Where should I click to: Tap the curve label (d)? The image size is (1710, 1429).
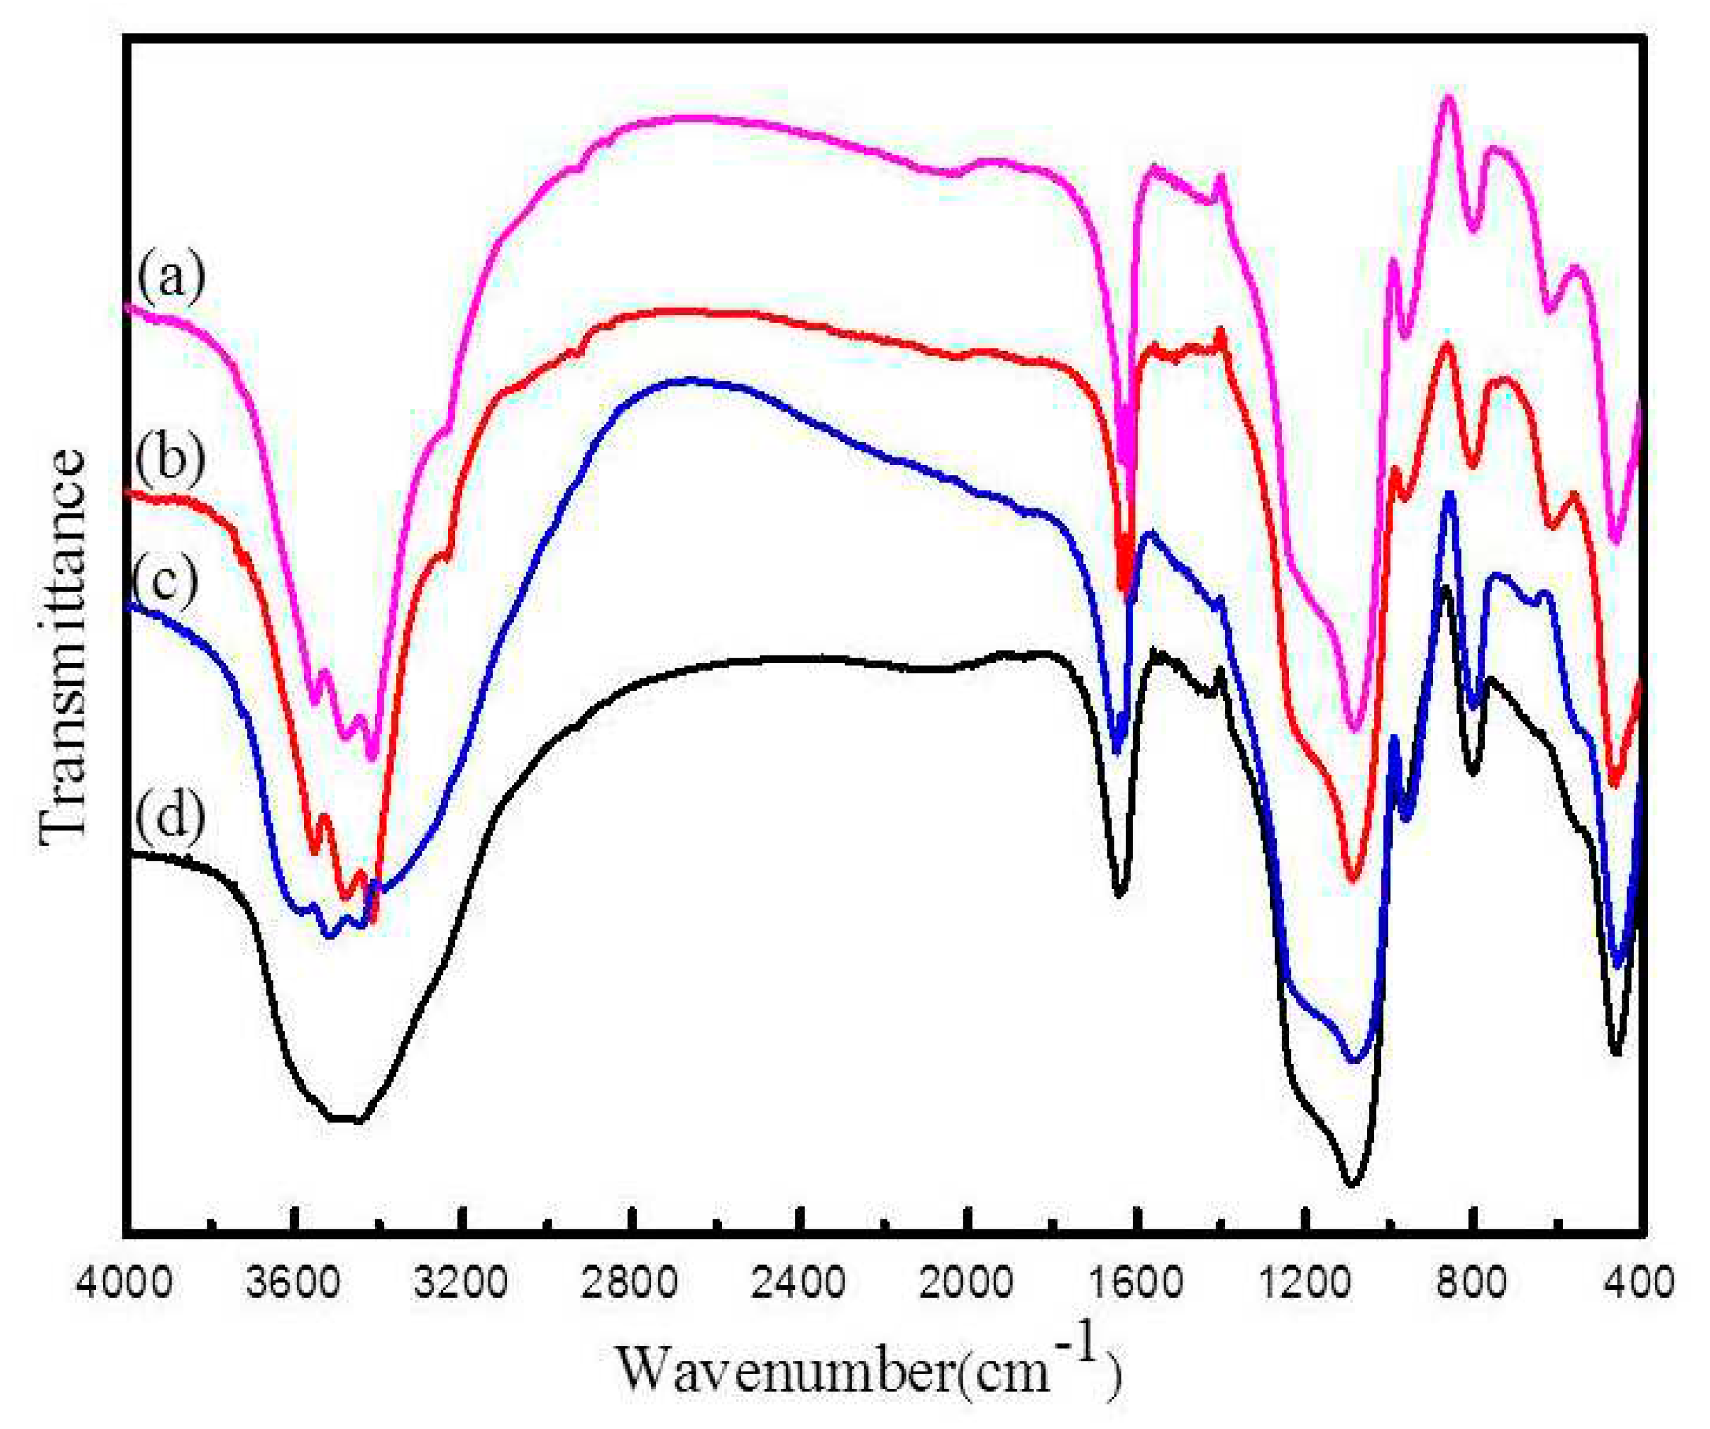[169, 813]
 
